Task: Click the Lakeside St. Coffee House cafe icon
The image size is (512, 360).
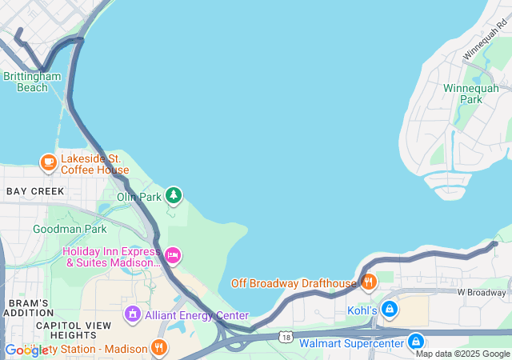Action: tap(48, 163)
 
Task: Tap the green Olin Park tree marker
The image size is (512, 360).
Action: tap(174, 195)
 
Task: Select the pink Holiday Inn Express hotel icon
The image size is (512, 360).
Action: tap(173, 256)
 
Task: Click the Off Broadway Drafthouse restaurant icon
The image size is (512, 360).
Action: tap(369, 282)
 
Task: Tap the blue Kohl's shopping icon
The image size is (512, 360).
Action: tap(390, 309)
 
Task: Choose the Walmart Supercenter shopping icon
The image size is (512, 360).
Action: tap(415, 342)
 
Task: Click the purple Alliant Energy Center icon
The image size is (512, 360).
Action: tap(133, 314)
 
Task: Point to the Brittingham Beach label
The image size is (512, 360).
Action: tap(32, 82)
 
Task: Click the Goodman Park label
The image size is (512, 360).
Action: tap(70, 229)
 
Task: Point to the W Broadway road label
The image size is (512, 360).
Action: tap(483, 293)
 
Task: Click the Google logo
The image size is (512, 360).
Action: tap(26, 350)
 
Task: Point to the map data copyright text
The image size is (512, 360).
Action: tap(462, 354)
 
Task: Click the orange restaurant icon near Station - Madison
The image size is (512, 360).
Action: tap(159, 348)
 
